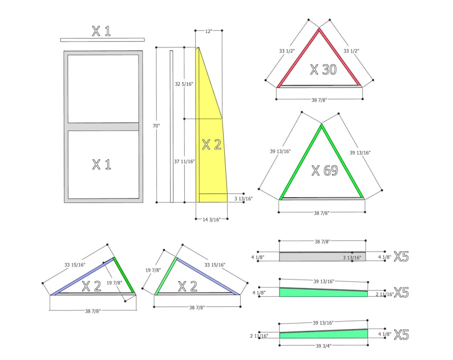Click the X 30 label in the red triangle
coord(323,70)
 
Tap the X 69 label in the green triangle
coord(324,170)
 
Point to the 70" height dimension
coord(156,125)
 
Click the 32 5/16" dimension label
coord(184,84)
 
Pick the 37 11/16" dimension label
coord(185,161)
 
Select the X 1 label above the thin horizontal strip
coord(102,31)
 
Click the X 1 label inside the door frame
coord(102,165)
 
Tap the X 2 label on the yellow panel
coord(211,144)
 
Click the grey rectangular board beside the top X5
coord(322,257)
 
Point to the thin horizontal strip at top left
coord(102,39)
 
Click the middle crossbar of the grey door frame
coord(102,127)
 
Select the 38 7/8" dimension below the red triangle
coord(319,100)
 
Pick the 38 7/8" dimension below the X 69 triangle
coord(322,212)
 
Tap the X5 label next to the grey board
coord(401,257)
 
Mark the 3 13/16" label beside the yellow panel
coord(242,199)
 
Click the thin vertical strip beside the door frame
coord(171,126)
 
